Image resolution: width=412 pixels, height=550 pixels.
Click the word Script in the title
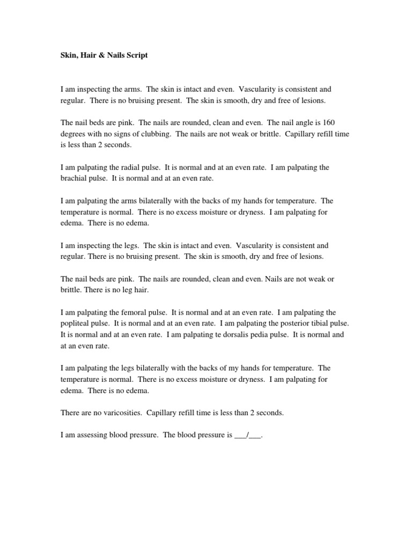136,55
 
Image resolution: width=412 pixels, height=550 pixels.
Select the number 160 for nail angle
329,123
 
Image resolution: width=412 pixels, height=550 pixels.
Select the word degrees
73,134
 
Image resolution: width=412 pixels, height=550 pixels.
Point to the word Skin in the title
67,55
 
